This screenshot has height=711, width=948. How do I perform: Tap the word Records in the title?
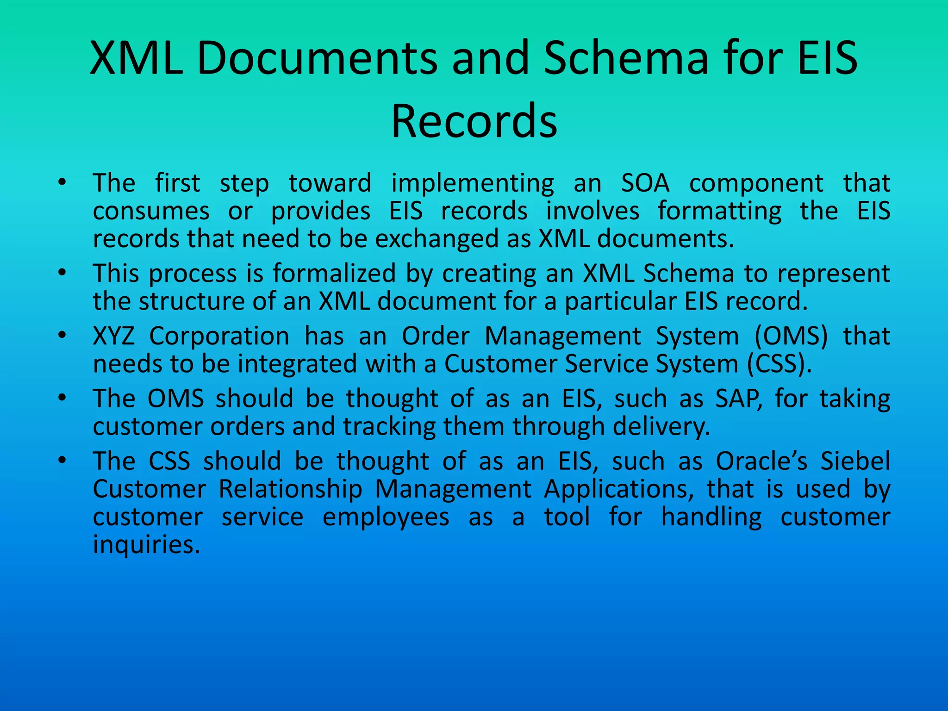tap(474, 121)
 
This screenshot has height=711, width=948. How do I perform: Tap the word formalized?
tap(334, 274)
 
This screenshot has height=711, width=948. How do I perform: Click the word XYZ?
tap(114, 336)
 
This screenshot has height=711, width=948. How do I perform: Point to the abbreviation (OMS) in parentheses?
tap(791, 337)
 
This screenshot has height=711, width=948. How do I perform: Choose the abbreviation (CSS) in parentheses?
tap(780, 364)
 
